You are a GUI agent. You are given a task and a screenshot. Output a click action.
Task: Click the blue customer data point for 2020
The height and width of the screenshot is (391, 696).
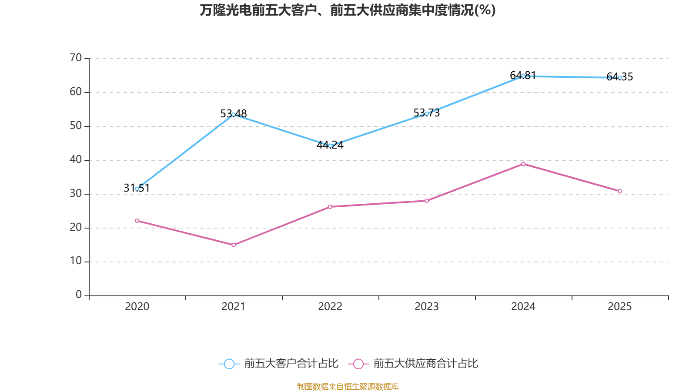click(x=137, y=189)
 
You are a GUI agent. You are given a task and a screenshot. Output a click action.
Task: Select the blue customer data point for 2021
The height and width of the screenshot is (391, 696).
click(x=234, y=114)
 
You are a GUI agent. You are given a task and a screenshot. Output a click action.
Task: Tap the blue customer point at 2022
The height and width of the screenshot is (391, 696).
click(x=330, y=146)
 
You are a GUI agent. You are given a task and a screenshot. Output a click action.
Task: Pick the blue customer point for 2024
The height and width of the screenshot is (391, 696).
click(x=523, y=76)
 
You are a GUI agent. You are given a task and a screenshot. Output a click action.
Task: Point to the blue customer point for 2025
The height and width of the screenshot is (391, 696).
click(x=620, y=78)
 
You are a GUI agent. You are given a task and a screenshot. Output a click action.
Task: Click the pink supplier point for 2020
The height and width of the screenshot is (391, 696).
click(x=137, y=221)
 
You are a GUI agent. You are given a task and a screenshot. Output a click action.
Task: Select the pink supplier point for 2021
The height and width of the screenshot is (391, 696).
click(x=234, y=245)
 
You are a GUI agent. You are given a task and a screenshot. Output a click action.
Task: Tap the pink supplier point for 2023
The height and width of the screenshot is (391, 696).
click(x=427, y=201)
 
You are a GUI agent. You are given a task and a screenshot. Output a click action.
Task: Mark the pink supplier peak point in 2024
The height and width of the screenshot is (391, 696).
click(x=523, y=164)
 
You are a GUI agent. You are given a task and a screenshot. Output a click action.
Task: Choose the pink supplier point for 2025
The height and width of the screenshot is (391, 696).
click(x=620, y=191)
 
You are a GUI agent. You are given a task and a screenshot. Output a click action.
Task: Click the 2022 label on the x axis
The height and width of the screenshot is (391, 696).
click(x=330, y=307)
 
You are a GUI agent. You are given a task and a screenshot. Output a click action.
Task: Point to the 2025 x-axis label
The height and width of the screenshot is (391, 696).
click(x=619, y=307)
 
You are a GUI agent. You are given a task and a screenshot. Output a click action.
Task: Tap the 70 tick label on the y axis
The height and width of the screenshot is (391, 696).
click(x=76, y=58)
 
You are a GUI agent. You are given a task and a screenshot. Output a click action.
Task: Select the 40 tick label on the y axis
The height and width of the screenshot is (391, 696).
click(x=76, y=159)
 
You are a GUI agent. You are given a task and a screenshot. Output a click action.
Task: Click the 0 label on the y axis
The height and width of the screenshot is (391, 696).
click(x=79, y=295)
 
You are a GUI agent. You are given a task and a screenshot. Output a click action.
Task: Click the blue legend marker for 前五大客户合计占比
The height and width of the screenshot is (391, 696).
click(x=229, y=364)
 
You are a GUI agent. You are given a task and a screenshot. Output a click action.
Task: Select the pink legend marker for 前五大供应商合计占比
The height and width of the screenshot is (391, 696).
click(x=358, y=364)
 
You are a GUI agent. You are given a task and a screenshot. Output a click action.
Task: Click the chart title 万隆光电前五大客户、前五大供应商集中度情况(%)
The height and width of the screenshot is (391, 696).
click(x=348, y=10)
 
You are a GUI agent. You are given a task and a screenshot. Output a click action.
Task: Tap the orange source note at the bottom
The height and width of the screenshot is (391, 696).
click(x=348, y=386)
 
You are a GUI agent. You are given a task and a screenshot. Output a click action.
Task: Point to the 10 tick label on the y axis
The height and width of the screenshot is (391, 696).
click(x=76, y=261)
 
